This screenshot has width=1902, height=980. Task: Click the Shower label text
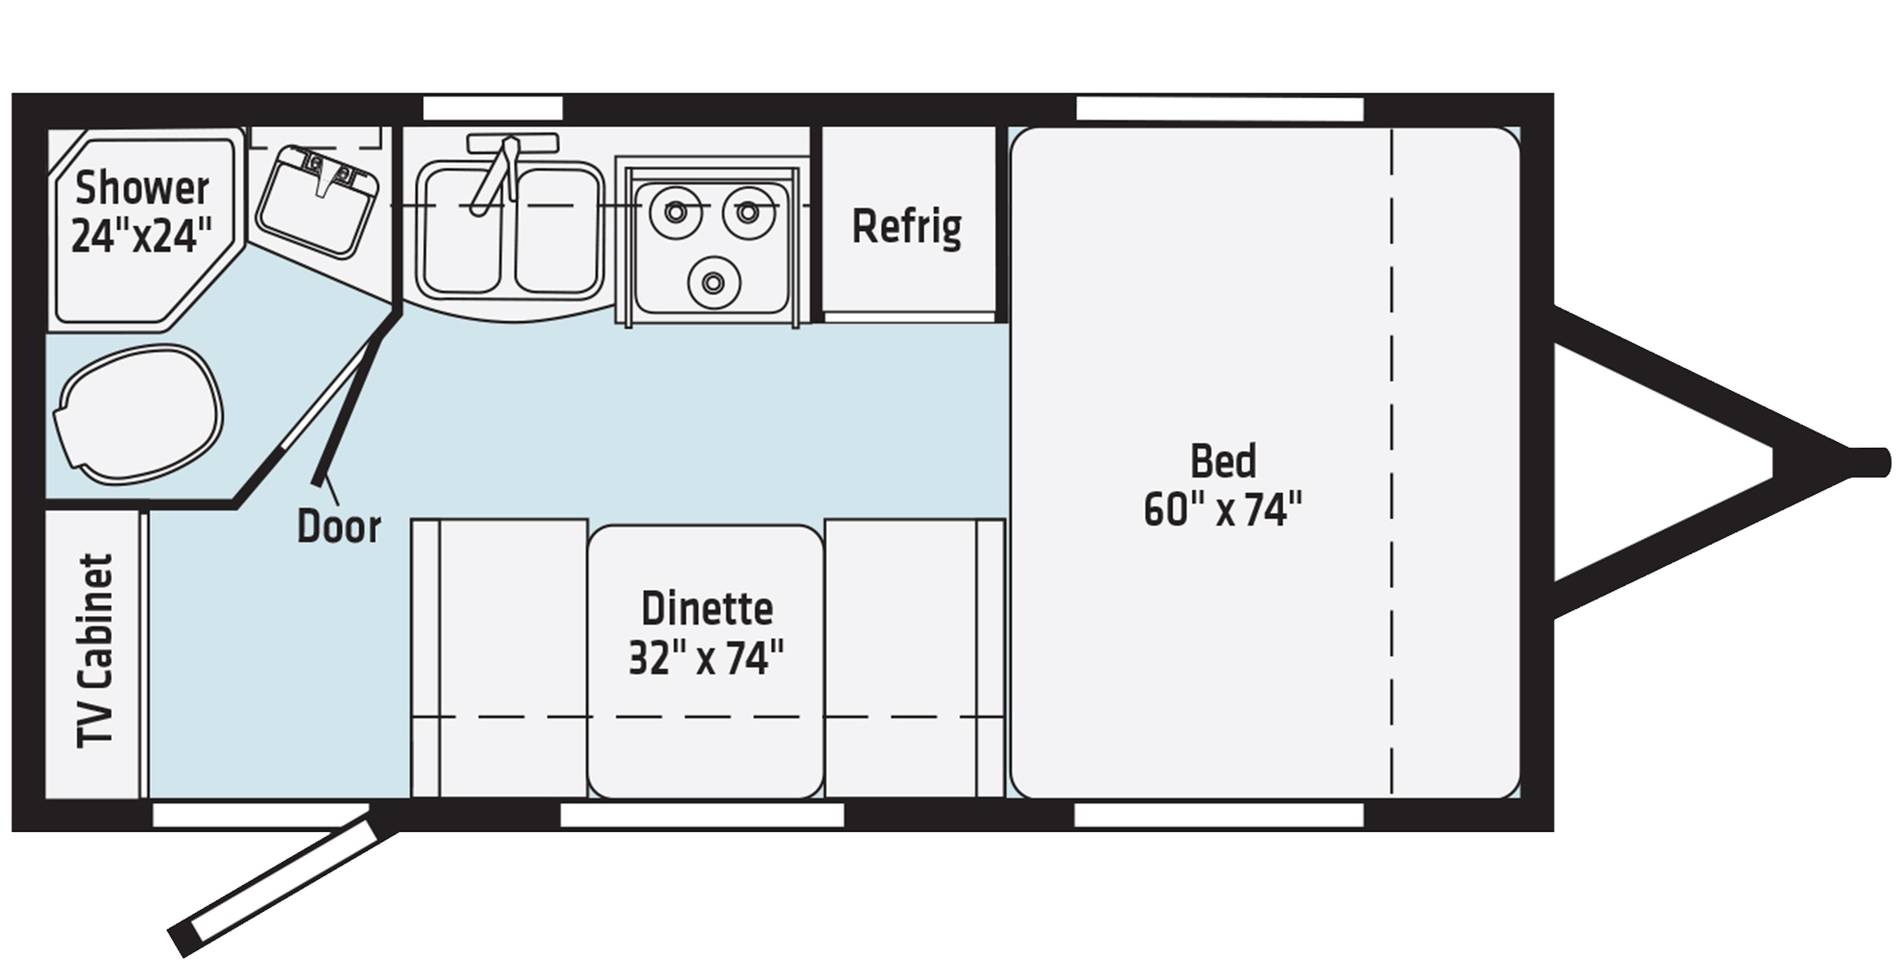click(142, 188)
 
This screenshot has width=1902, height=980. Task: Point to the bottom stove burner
click(713, 282)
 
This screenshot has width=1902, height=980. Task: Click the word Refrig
click(907, 227)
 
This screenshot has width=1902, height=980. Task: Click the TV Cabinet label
click(96, 650)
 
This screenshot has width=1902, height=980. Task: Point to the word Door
click(339, 527)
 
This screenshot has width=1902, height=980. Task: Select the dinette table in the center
click(706, 661)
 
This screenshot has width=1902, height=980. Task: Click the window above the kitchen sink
click(493, 107)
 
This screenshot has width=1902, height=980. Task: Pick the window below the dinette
click(702, 816)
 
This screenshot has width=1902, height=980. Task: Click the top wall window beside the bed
click(1219, 109)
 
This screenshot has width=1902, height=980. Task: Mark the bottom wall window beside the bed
click(1219, 816)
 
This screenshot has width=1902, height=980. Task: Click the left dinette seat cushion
click(500, 658)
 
